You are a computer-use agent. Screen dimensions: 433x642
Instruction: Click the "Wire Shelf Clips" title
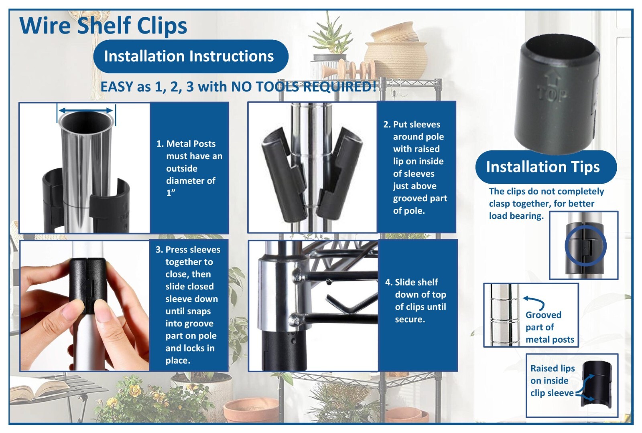click(x=103, y=26)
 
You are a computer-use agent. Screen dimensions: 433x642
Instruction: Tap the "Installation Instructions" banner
click(x=189, y=56)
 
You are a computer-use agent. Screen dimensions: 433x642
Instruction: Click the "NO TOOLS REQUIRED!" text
click(x=304, y=87)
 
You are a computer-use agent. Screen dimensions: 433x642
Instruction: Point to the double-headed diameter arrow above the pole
click(x=85, y=110)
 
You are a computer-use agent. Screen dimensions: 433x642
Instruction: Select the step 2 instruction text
click(x=416, y=168)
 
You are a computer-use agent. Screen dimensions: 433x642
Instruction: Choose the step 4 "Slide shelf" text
click(x=416, y=301)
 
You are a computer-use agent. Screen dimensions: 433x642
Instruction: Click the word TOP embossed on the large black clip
click(x=553, y=94)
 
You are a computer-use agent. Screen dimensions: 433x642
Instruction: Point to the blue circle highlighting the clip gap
click(x=585, y=245)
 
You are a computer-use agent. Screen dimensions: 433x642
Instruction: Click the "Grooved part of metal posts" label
click(x=550, y=327)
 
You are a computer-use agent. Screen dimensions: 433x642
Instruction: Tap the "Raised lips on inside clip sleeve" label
click(x=552, y=380)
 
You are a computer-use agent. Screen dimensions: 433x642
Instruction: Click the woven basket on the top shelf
click(x=395, y=56)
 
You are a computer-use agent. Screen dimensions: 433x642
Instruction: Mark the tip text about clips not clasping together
click(x=546, y=204)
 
